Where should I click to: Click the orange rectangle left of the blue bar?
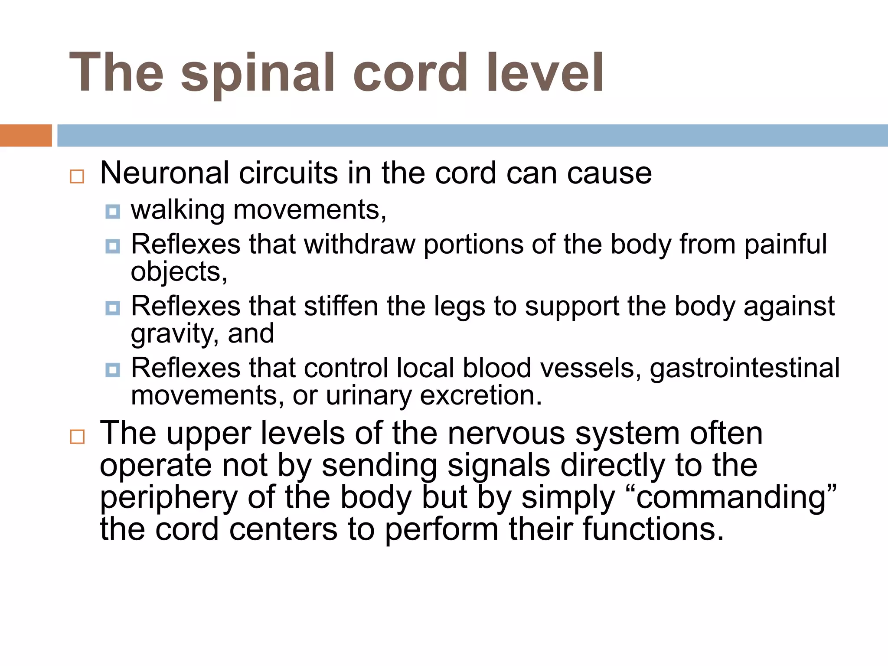click(x=26, y=135)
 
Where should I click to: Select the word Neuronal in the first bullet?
click(x=164, y=173)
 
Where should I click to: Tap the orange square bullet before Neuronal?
click(x=77, y=176)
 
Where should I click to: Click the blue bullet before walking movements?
click(x=113, y=212)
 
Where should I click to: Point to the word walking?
click(x=178, y=210)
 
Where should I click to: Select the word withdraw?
click(x=359, y=244)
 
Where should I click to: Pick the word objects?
click(x=178, y=272)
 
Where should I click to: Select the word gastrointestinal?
click(x=744, y=369)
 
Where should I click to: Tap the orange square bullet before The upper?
click(x=77, y=437)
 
